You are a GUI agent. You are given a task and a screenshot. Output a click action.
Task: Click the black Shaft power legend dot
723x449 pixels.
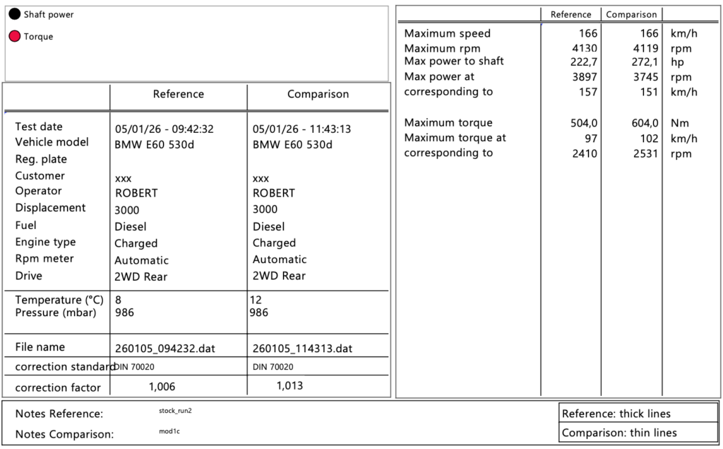tap(15, 14)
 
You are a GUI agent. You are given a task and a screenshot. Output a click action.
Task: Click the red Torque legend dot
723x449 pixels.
tap(15, 37)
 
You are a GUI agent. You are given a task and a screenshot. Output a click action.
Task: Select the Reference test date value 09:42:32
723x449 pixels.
tap(164, 129)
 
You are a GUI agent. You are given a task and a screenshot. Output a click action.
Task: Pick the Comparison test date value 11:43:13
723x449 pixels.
tap(301, 129)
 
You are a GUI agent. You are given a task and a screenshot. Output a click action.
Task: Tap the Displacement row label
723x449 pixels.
tap(50, 208)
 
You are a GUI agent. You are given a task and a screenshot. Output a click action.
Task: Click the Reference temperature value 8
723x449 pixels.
tap(117, 300)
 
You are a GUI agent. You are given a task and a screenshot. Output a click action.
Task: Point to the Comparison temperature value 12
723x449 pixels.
tap(256, 300)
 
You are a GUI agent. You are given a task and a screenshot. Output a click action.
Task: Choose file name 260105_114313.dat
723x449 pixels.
tap(302, 349)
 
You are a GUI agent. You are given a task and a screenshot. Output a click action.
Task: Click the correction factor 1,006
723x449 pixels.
tap(162, 386)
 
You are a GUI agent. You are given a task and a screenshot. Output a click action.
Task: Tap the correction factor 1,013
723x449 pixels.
tap(289, 386)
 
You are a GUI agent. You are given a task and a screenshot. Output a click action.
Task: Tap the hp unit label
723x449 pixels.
tap(676, 62)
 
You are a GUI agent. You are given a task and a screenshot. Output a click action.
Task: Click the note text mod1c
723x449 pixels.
tap(169, 431)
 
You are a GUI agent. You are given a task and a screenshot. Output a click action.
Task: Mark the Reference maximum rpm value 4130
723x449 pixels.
tap(585, 48)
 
